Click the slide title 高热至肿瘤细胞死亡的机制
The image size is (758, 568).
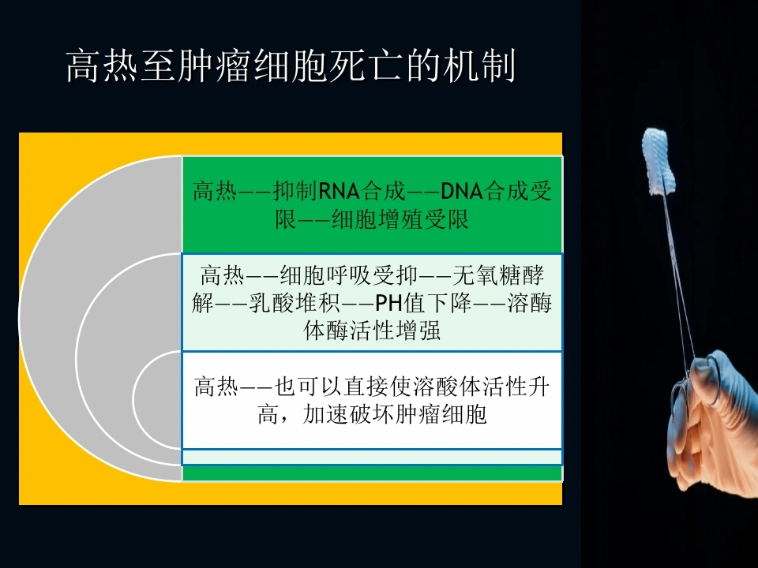(291, 65)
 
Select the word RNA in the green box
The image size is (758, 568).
(339, 191)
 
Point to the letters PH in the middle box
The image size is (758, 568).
(389, 303)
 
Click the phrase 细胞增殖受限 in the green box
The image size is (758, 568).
(400, 220)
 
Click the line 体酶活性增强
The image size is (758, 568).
(372, 331)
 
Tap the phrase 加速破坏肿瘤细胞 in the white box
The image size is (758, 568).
(395, 414)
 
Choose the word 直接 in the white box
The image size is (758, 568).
(366, 387)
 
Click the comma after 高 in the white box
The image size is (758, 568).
(285, 419)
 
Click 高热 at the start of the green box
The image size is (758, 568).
(215, 191)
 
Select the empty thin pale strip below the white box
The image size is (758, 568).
(372, 457)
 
